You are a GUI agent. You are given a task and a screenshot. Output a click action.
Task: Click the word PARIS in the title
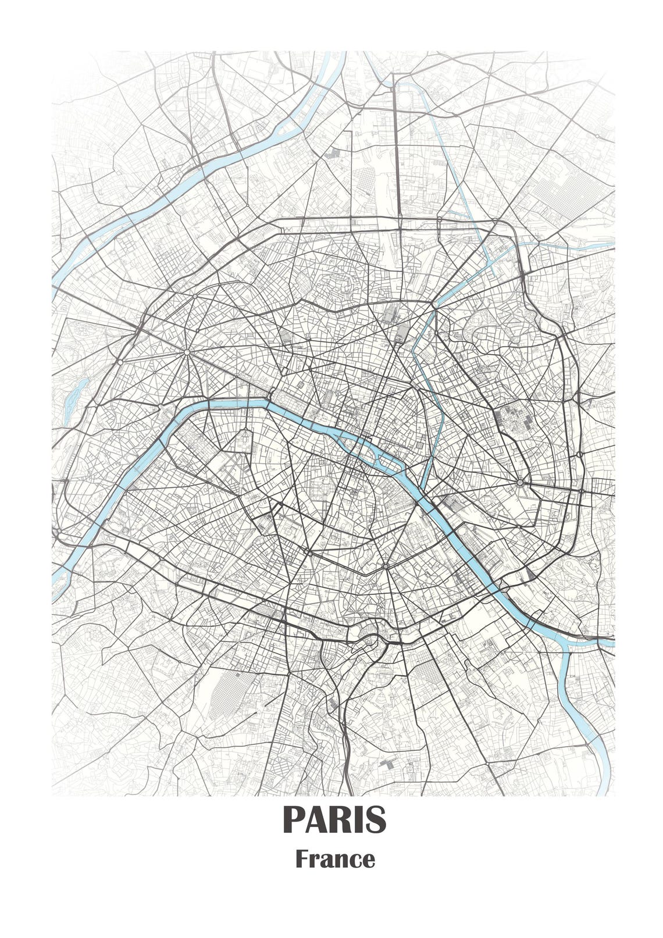pyautogui.click(x=334, y=820)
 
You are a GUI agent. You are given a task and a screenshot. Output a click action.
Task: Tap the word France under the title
pyautogui.click(x=334, y=859)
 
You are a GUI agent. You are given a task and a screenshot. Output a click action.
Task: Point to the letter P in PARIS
pyautogui.click(x=294, y=820)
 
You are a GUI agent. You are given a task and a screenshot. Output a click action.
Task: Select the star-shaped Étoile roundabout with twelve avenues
pyautogui.click(x=187, y=352)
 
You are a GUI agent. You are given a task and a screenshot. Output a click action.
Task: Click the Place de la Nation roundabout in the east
pyautogui.click(x=519, y=483)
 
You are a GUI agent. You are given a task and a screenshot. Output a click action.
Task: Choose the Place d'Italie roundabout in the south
pyautogui.click(x=386, y=565)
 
